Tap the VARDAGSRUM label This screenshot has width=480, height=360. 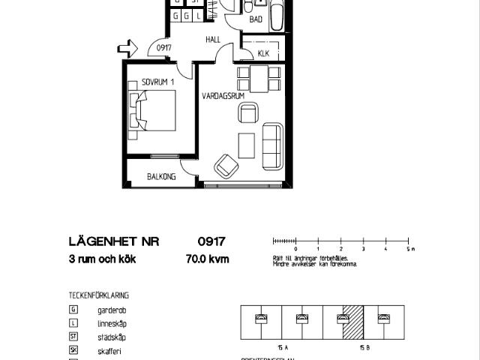(x=223, y=96)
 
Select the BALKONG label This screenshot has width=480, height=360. (x=161, y=177)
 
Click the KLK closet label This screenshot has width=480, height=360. (x=263, y=53)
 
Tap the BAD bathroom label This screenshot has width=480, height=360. (x=256, y=20)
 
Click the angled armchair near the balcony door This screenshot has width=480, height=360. (x=225, y=165)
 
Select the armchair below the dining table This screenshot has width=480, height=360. (x=247, y=113)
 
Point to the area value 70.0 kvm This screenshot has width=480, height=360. (x=207, y=260)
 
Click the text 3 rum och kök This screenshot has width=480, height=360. (x=102, y=260)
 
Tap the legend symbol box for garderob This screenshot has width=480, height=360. (x=73, y=309)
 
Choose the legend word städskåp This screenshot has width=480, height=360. (x=111, y=337)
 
